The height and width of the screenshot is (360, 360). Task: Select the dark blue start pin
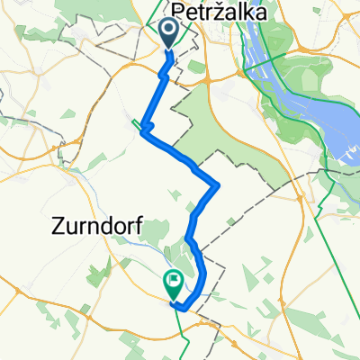click(169, 35)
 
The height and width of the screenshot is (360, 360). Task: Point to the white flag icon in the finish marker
click(172, 281)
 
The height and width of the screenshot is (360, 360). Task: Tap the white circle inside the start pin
click(169, 31)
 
